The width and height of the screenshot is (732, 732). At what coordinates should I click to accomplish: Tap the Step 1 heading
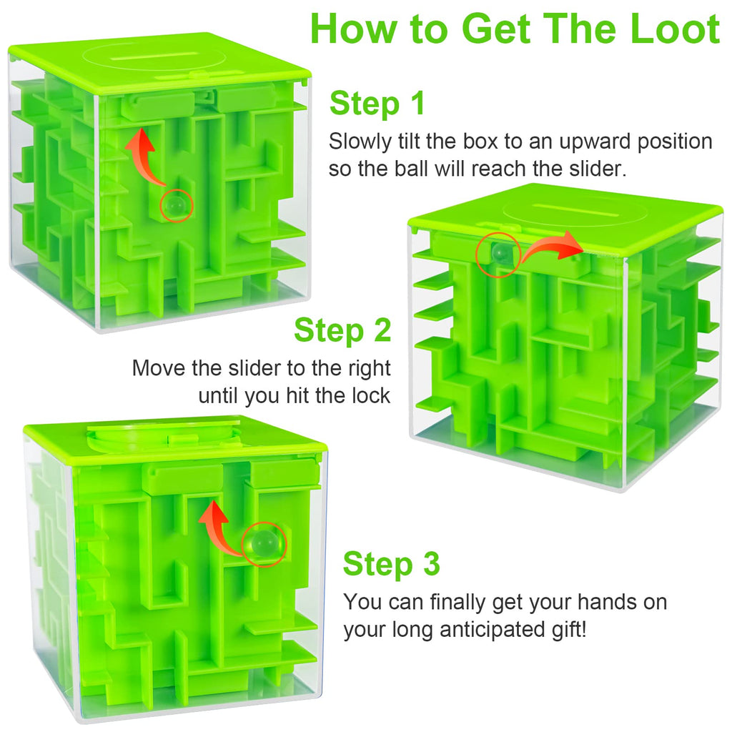point(377,103)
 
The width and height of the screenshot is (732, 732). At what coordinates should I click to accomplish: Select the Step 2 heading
point(342,330)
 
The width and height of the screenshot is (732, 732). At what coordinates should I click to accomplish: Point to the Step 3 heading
point(391,563)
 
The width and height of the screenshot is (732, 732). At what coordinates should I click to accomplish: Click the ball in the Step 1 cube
point(177,206)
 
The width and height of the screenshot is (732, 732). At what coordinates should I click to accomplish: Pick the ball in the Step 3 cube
point(264,543)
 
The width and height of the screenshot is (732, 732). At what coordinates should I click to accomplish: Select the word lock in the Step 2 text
point(371,396)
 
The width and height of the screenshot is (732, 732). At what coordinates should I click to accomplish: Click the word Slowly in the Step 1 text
point(360,142)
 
